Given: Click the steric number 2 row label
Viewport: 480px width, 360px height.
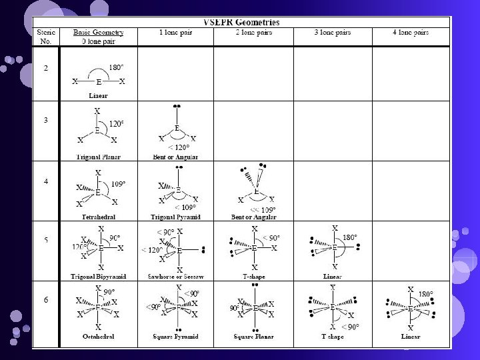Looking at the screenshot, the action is tap(45, 69).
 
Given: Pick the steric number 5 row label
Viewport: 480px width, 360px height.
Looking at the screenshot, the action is tap(45, 239).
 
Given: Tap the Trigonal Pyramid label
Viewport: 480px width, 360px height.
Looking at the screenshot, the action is tap(177, 217).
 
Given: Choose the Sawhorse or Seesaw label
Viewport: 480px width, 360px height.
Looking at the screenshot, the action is tap(177, 276).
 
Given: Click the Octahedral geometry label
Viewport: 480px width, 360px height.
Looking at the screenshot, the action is tap(98, 337).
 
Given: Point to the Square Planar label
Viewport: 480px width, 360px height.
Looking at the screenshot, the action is tap(255, 337).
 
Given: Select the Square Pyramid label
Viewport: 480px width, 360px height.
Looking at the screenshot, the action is tap(177, 337).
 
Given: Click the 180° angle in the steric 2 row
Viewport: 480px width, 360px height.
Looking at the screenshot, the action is tap(116, 68).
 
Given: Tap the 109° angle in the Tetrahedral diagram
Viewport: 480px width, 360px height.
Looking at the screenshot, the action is tap(117, 183).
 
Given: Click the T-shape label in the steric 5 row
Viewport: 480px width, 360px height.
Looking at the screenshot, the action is tap(255, 276).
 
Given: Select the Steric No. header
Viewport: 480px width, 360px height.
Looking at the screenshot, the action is tap(46, 36).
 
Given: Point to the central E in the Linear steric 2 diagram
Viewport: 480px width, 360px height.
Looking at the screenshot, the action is tap(99, 82).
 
